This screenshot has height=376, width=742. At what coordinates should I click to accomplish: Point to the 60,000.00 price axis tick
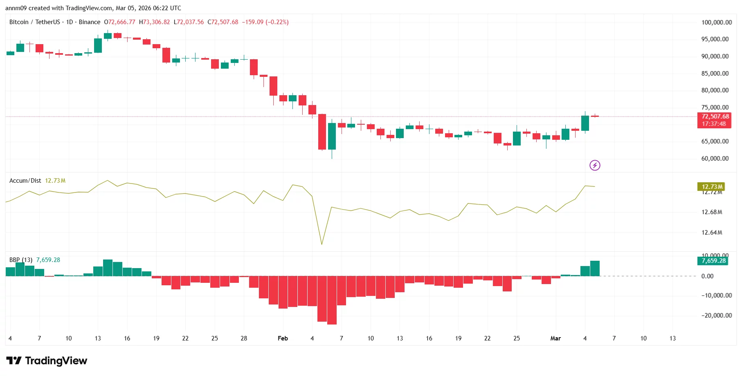tap(715, 158)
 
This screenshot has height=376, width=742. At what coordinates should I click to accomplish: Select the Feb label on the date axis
tap(283, 338)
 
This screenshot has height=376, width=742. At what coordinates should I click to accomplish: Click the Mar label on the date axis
tap(555, 338)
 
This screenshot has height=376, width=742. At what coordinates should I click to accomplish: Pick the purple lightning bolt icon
tap(595, 165)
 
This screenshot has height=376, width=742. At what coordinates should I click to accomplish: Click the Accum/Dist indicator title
tap(25, 181)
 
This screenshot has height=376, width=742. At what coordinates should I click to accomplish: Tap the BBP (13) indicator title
tap(21, 260)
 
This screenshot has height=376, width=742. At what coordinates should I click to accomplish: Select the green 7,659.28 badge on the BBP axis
tap(713, 261)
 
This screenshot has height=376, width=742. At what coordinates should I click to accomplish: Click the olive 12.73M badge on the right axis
tap(712, 187)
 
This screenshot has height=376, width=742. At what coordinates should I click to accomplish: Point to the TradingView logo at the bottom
tap(47, 360)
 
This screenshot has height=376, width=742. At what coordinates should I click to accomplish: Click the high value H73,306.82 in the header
tap(154, 22)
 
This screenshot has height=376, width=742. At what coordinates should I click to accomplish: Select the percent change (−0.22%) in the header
tap(277, 22)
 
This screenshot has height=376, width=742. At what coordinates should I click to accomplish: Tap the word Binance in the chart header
tap(89, 22)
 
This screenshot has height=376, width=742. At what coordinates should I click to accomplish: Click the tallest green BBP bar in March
tap(595, 269)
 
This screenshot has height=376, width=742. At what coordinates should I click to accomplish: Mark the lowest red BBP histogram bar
tap(332, 300)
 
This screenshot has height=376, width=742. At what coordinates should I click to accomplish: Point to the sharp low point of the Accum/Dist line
tap(322, 244)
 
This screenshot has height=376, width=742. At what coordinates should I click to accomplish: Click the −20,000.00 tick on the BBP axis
tap(715, 315)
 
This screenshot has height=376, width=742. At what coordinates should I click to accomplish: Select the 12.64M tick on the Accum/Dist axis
tap(712, 233)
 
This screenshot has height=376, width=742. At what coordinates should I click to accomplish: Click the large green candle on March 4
tap(585, 123)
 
